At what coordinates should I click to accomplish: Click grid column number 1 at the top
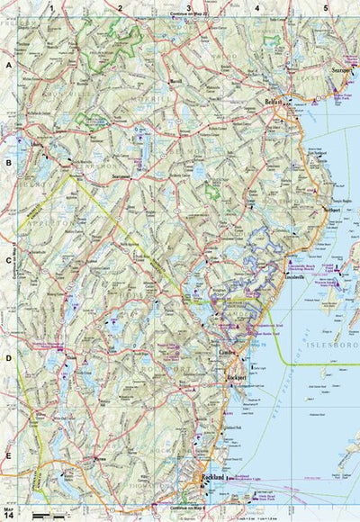pyautogui.click(x=52, y=8)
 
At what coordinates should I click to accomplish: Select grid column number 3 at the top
pyautogui.click(x=188, y=8)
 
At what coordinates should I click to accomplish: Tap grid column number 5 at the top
pyautogui.click(x=325, y=8)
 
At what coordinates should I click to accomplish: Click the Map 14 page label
pyautogui.click(x=9, y=512)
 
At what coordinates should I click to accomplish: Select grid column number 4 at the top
pyautogui.click(x=256, y=8)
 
